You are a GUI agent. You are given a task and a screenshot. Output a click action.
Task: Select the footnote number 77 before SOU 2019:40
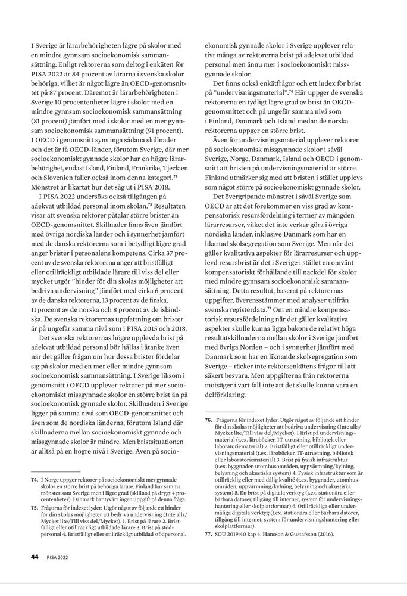tap(208, 534)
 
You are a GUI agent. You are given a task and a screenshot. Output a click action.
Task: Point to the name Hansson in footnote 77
tap(286, 534)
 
